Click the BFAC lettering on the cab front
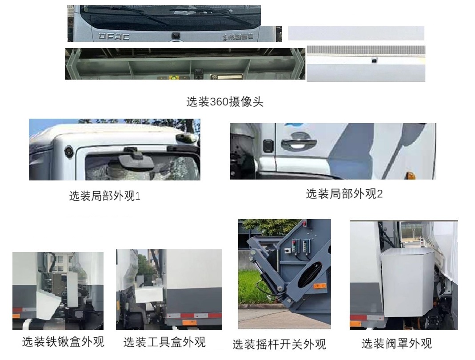point(111,36)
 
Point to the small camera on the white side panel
point(374,58)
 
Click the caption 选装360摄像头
point(224,102)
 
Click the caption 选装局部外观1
point(105,196)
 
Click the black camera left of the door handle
point(268,145)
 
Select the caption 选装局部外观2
point(344,194)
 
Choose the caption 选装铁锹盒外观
point(63,342)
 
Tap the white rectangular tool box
point(149,294)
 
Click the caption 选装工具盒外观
point(164,342)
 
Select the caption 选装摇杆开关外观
point(279,344)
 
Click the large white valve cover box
point(407,281)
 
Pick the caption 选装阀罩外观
point(396,343)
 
